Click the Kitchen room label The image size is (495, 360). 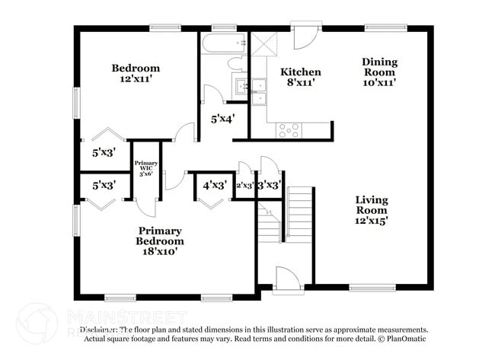[x=301, y=72]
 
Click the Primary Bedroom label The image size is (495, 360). [x=160, y=236]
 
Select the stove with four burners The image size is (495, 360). [x=289, y=131]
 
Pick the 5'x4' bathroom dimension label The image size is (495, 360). [x=222, y=118]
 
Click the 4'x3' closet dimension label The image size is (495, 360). [x=214, y=184]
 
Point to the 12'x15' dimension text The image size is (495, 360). [x=372, y=221]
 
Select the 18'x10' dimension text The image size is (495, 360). [x=160, y=252]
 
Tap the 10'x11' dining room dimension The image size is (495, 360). [x=379, y=82]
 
